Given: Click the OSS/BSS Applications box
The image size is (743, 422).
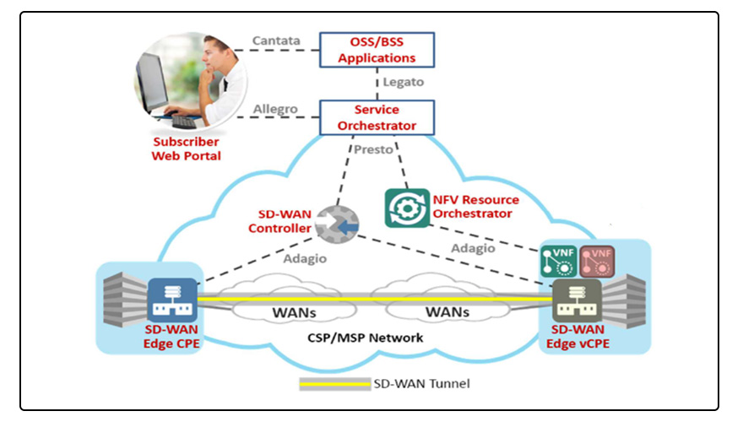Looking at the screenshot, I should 376,50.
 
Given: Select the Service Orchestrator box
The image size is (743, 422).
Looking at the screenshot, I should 376,117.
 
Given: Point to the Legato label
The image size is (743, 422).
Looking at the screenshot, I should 403,83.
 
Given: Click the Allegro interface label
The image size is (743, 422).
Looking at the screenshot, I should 275,110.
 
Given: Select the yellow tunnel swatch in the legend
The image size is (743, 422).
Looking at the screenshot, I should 334,383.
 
